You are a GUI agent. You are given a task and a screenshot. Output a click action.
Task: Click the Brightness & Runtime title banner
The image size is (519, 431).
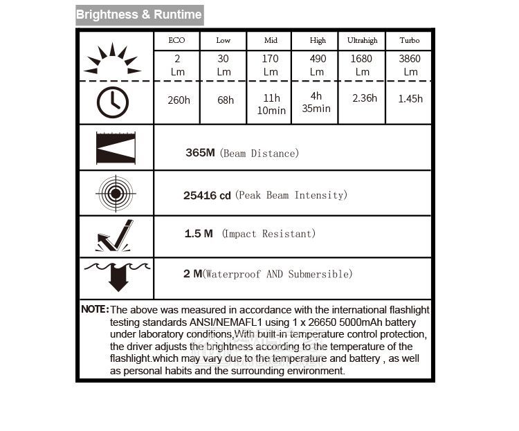click(139, 15)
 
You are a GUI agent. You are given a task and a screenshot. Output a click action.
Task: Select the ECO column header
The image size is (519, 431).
click(177, 41)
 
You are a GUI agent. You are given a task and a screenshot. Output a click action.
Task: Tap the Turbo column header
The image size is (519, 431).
click(410, 41)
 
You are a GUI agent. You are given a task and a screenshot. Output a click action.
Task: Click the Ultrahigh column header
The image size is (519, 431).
click(363, 41)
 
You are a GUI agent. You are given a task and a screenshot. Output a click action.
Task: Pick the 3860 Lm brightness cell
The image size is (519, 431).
click(410, 65)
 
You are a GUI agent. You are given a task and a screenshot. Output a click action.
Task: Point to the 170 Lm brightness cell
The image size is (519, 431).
click(271, 65)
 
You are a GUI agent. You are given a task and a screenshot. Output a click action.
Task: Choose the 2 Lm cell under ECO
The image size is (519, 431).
click(177, 65)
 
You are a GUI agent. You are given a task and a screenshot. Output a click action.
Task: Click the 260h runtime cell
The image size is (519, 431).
click(179, 100)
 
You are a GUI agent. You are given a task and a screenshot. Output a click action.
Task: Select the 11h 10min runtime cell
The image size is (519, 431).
click(271, 104)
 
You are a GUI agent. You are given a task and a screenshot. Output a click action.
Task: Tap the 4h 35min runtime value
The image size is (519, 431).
click(316, 102)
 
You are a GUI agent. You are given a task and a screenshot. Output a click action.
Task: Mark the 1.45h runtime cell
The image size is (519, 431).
click(410, 99)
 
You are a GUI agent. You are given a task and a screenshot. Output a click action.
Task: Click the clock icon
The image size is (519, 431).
click(112, 102)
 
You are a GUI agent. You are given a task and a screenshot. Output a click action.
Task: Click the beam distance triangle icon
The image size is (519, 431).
click(116, 148)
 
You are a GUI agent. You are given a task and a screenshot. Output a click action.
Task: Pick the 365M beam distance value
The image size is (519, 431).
click(200, 153)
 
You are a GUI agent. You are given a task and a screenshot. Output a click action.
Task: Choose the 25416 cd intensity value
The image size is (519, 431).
click(207, 196)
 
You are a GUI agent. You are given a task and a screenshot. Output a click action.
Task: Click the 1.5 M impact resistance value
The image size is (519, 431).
click(199, 234)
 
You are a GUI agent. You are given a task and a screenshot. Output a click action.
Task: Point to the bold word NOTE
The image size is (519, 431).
click(95, 309)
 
